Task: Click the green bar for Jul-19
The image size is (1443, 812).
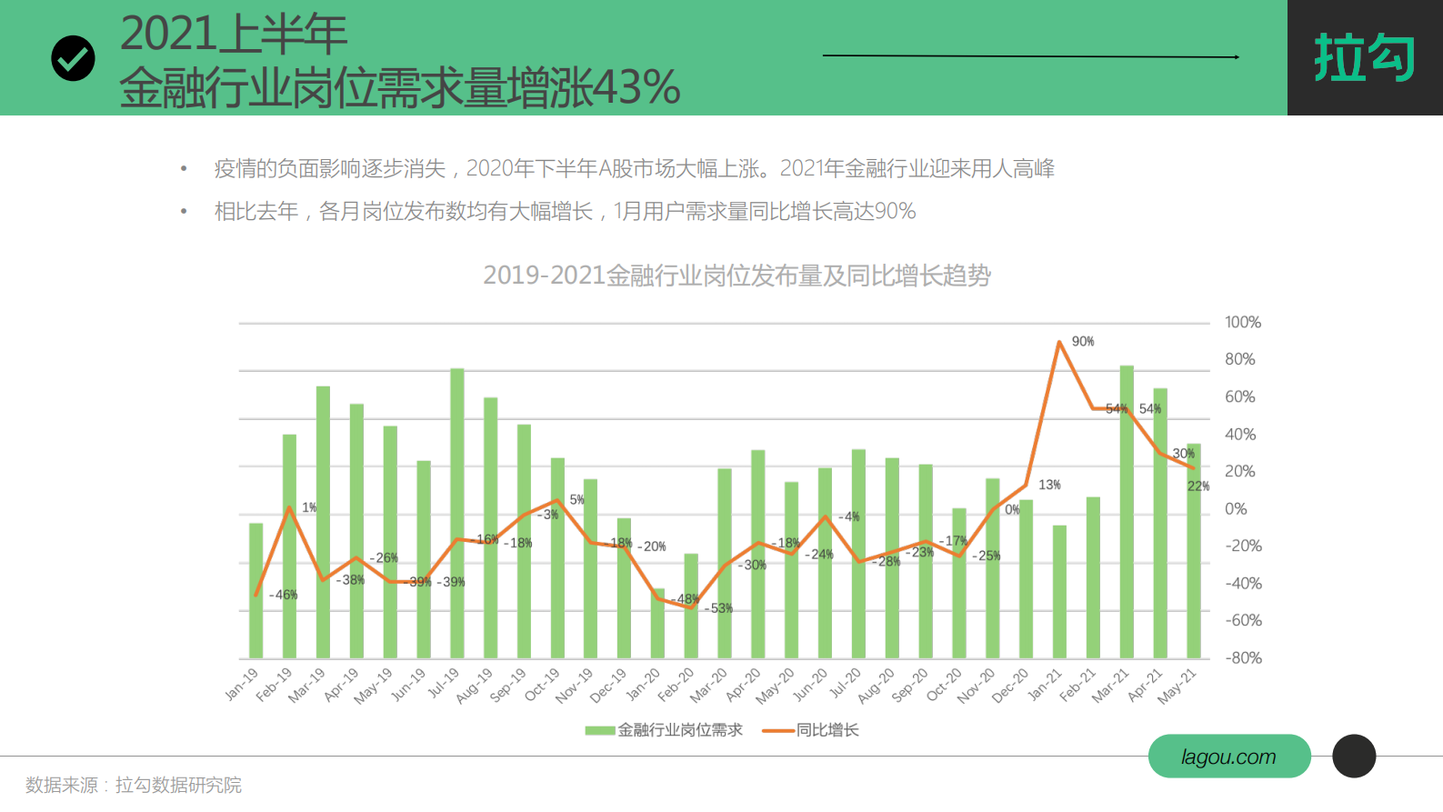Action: click(x=457, y=513)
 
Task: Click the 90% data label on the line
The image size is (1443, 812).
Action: click(x=1082, y=342)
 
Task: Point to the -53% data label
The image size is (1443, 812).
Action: click(x=718, y=608)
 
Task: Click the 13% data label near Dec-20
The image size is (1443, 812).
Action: click(x=1049, y=485)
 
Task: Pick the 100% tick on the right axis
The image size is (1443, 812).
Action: click(x=1242, y=322)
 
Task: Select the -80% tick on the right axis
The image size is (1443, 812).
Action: click(x=1242, y=657)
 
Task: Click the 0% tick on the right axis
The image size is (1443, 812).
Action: click(x=1236, y=508)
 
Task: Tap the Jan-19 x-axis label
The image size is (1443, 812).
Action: click(x=242, y=685)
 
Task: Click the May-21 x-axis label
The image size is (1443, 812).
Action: click(x=1177, y=687)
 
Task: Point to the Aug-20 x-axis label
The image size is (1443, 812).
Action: click(x=876, y=686)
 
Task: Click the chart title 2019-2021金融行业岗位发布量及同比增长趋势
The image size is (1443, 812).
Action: click(x=737, y=275)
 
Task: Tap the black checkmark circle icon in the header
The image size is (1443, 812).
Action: click(x=73, y=59)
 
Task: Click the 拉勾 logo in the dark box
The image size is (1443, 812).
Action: click(x=1364, y=57)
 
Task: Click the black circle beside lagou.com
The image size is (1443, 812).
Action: click(x=1354, y=756)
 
